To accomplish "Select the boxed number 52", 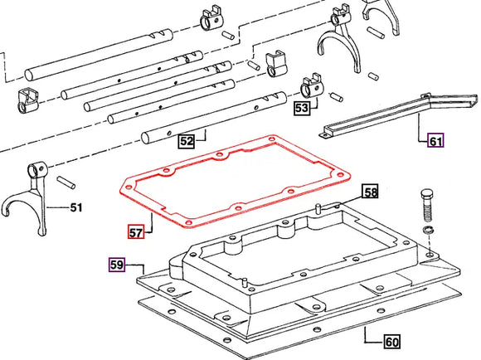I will coord(187,142).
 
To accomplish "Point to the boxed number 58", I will coord(369,192).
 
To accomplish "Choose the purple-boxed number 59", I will coord(118,265).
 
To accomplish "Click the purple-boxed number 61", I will coord(435,140).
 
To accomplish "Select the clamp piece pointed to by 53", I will coord(313,85).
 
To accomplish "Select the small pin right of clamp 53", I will coord(338,97).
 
